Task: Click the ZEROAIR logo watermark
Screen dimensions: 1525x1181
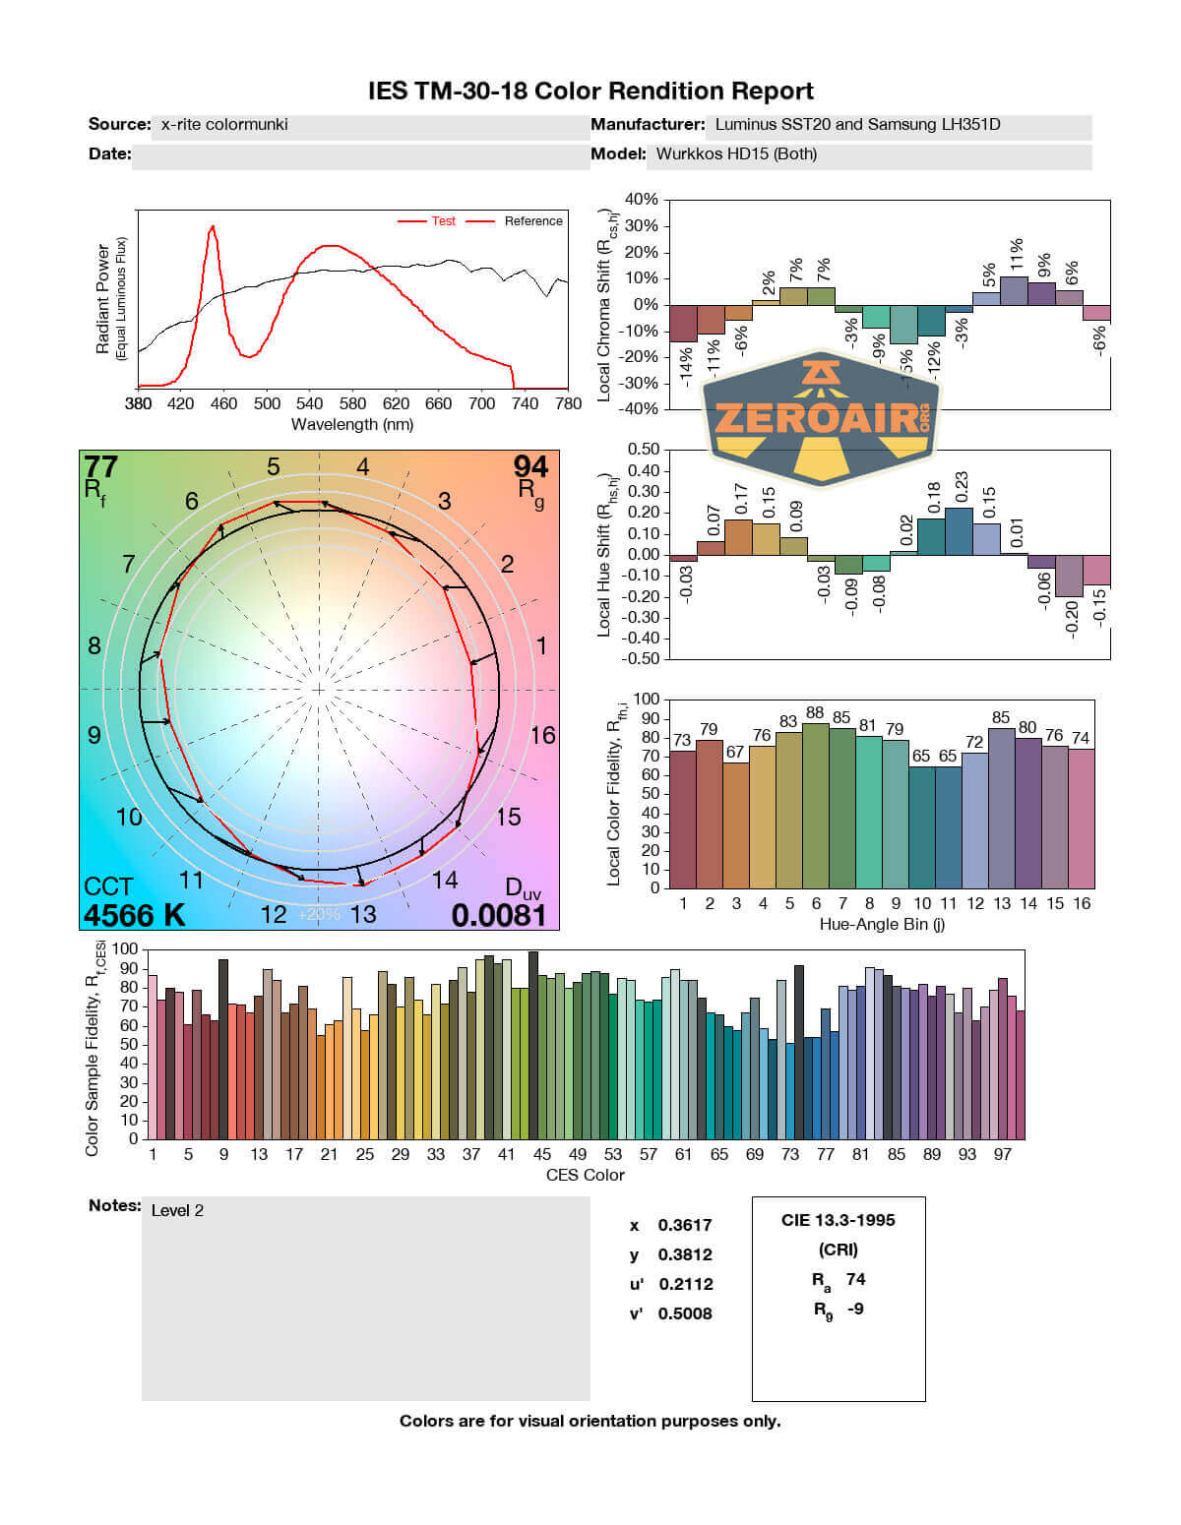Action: pyautogui.click(x=822, y=417)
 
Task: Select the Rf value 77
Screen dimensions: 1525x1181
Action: pyautogui.click(x=100, y=465)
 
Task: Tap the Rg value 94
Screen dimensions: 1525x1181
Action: pyautogui.click(x=530, y=465)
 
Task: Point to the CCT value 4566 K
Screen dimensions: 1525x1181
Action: pyautogui.click(x=134, y=915)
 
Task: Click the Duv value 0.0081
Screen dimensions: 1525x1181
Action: pyautogui.click(x=498, y=915)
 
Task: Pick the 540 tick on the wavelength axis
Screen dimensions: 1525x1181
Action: pyautogui.click(x=309, y=403)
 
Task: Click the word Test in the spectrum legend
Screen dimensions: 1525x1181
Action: pyautogui.click(x=443, y=221)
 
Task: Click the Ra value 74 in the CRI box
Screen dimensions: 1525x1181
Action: pyautogui.click(x=855, y=1279)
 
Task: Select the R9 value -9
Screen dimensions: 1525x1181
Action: pyautogui.click(x=855, y=1309)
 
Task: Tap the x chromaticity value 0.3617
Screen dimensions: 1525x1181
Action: pyautogui.click(x=685, y=1225)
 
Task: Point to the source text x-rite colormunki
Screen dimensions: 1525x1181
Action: pyautogui.click(x=224, y=125)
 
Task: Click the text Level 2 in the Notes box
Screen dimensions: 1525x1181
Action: pyautogui.click(x=177, y=1210)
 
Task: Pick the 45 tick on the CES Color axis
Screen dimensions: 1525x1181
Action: pyautogui.click(x=542, y=1154)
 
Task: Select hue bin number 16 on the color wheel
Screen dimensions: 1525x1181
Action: pyautogui.click(x=542, y=735)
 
